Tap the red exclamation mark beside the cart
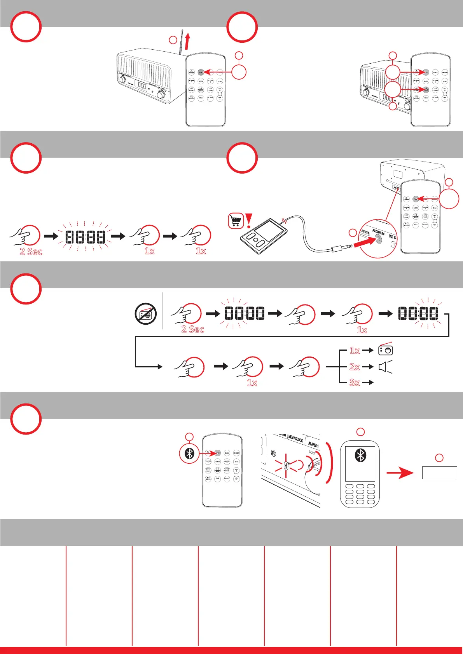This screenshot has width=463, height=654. (248, 220)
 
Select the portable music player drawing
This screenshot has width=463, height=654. (263, 236)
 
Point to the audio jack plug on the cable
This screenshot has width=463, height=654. (342, 247)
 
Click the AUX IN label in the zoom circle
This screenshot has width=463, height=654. (378, 232)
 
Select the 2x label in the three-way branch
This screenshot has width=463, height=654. (355, 367)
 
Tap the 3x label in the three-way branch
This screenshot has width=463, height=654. (355, 383)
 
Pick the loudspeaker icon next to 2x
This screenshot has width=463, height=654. (385, 367)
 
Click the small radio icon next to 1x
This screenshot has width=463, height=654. (385, 350)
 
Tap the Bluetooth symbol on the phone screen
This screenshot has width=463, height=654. (360, 455)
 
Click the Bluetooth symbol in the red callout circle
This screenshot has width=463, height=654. (189, 453)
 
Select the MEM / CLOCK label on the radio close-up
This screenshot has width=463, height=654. (296, 439)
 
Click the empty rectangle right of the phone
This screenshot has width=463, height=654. (439, 473)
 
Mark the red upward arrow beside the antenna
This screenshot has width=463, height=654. (188, 41)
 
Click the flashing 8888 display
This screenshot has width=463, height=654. (85, 237)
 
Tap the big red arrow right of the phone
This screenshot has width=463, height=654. (400, 473)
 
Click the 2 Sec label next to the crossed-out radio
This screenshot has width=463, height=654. (192, 329)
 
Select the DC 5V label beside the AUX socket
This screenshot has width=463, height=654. (392, 237)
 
